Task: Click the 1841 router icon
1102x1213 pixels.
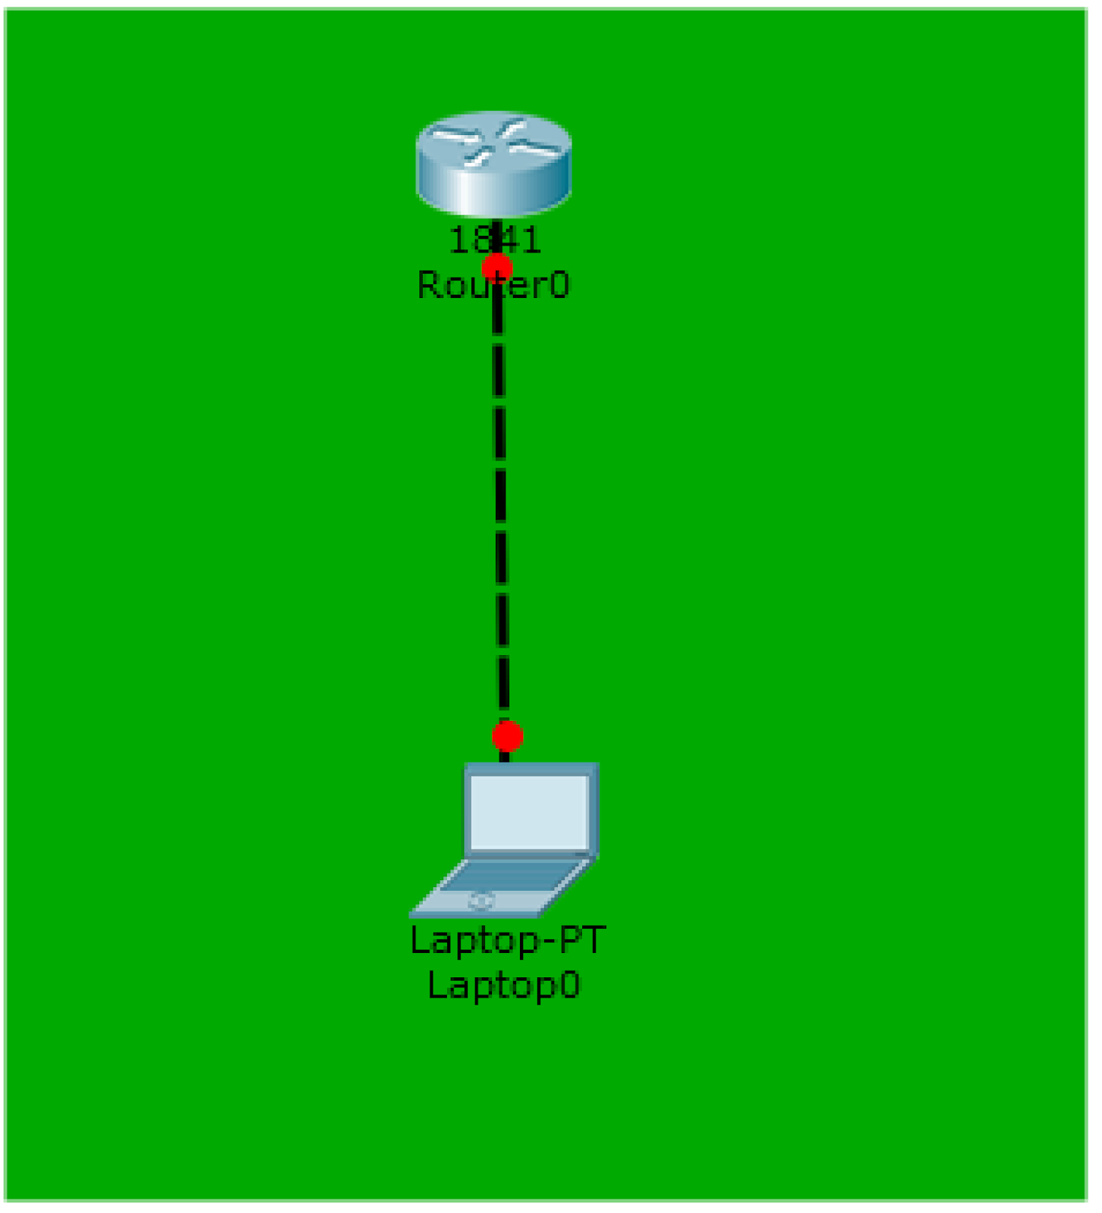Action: (493, 163)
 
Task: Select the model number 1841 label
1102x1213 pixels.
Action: (495, 240)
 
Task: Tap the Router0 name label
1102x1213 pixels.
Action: (493, 286)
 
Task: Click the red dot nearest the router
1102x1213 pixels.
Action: (496, 267)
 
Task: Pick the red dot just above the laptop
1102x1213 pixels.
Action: (507, 735)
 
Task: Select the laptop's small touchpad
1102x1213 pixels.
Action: (481, 901)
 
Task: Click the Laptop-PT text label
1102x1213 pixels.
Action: (507, 940)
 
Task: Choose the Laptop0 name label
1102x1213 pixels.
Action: (504, 986)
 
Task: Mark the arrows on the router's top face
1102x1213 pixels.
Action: (493, 140)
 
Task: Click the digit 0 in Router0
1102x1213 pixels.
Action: (559, 286)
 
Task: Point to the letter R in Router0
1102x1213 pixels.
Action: (429, 286)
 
